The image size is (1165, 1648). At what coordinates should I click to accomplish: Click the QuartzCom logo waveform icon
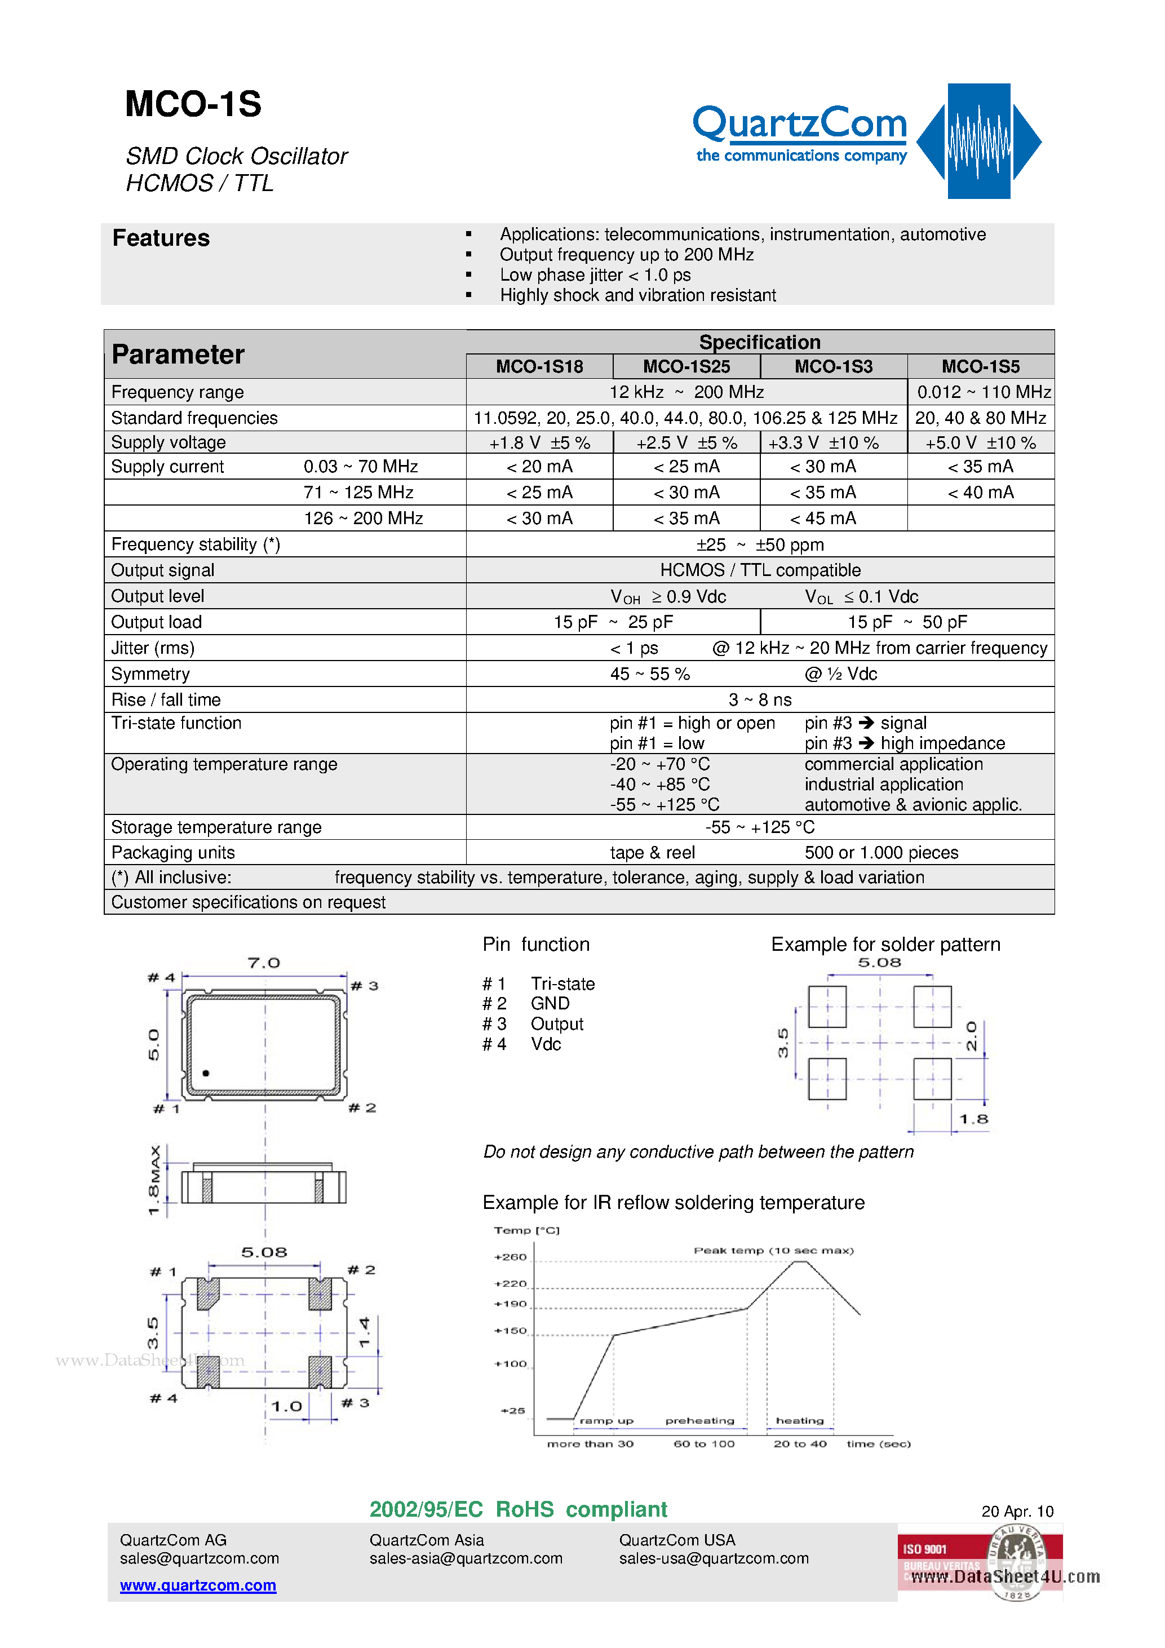click(x=978, y=141)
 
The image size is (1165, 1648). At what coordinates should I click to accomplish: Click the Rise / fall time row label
click(x=166, y=700)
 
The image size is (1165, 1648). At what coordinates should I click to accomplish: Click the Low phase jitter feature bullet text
click(x=595, y=276)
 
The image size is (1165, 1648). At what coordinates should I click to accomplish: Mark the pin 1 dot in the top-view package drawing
click(x=206, y=1074)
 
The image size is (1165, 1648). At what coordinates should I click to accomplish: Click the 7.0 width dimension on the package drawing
click(x=263, y=963)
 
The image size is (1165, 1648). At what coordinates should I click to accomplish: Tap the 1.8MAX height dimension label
click(x=154, y=1181)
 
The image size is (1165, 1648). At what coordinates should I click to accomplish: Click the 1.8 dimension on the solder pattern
click(x=973, y=1119)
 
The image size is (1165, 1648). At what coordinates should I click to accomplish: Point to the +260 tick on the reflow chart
click(x=511, y=1257)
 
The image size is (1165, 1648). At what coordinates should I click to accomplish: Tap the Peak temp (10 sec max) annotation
click(x=773, y=1250)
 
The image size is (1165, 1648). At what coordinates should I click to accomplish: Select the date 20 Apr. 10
click(x=1016, y=1512)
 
